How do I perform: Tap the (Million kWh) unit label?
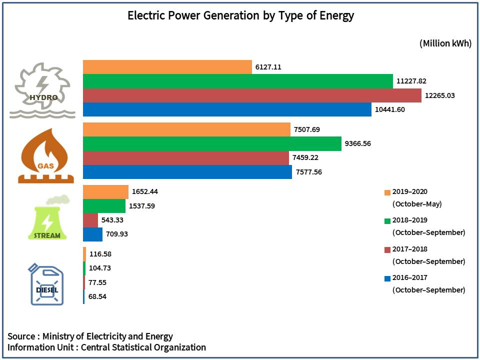click(445, 43)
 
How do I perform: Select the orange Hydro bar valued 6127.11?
click(167, 67)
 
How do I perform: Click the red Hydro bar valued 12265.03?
click(252, 95)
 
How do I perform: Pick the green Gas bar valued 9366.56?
click(212, 143)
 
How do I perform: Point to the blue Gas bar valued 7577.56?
click(187, 172)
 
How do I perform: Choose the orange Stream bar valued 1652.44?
click(105, 192)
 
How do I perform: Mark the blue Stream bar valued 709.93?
click(93, 234)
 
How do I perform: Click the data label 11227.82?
click(411, 81)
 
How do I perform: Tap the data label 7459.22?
click(305, 157)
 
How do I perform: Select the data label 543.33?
click(112, 220)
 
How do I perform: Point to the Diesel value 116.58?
click(100, 254)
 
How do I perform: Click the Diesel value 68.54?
click(97, 296)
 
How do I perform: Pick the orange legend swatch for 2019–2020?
click(387, 192)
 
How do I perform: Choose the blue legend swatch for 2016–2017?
click(387, 278)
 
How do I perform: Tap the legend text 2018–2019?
click(409, 220)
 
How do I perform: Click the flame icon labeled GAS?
click(45, 156)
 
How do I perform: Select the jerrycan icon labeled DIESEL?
click(46, 284)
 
